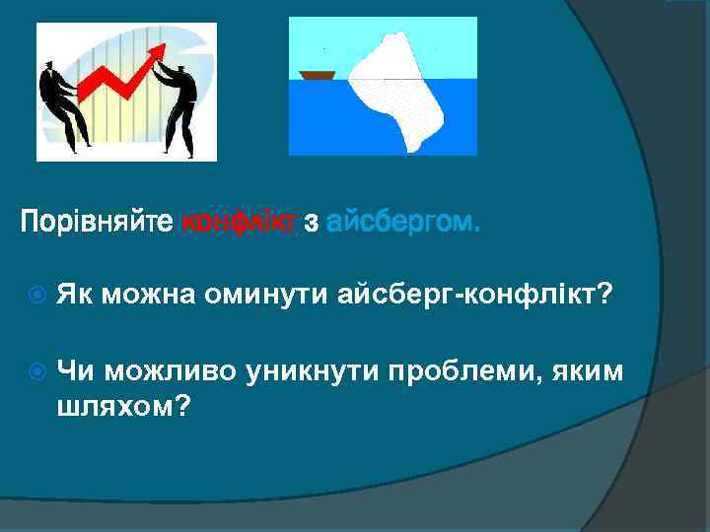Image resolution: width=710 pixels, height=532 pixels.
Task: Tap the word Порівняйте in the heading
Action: pos(97,224)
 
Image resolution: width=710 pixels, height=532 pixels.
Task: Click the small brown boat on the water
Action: pos(318,74)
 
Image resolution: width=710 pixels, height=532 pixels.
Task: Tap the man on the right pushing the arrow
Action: pos(179,103)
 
